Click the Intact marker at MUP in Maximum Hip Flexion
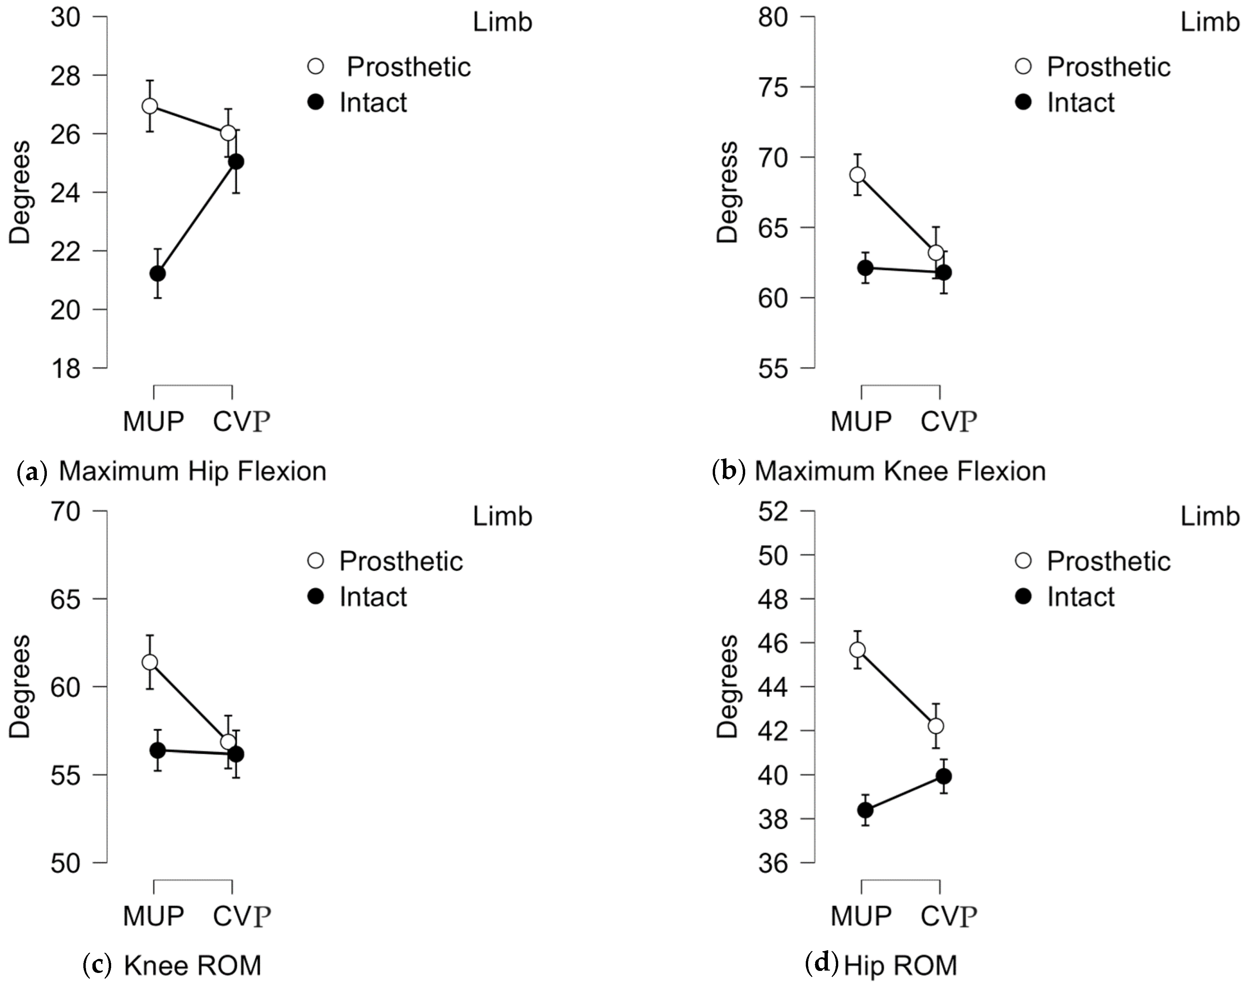[157, 273]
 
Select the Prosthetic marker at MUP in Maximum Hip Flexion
[150, 106]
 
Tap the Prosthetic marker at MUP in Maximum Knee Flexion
[858, 175]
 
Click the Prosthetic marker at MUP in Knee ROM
[150, 662]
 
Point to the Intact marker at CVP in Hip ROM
[944, 776]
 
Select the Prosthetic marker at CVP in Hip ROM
[936, 726]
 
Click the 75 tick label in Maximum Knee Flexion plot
[774, 87]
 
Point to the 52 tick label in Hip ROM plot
[774, 512]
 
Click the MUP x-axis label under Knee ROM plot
[153, 915]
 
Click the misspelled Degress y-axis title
[727, 192]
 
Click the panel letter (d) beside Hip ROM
[822, 962]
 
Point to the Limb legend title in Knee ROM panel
[502, 516]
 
